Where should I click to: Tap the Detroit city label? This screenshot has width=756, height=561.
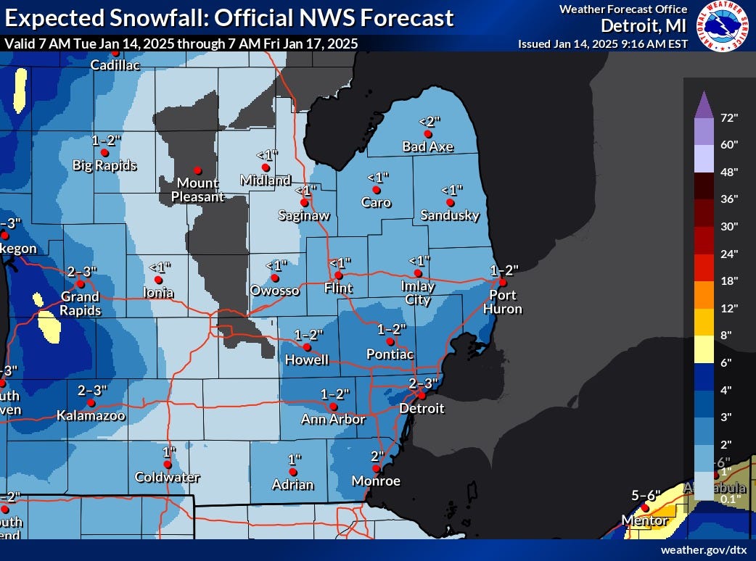422,409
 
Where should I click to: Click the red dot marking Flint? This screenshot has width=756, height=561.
338,275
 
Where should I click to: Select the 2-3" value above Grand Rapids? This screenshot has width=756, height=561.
82,271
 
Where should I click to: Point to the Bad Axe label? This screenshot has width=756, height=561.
427,147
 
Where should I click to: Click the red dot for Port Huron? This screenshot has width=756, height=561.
502,283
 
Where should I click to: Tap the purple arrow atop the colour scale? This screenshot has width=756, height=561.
703,106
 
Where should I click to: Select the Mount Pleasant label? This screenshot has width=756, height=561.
198,189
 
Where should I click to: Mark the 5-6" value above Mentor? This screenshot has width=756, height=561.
645,496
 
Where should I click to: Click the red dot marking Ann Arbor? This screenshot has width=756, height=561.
333,407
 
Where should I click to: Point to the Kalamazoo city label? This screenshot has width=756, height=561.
91,416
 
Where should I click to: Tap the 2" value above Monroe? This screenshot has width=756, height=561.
377,457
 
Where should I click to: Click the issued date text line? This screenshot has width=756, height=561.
602,43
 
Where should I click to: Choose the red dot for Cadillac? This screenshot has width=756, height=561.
115,52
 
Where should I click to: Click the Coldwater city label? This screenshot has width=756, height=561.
167,478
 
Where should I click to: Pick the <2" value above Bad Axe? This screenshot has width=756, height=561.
430,122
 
